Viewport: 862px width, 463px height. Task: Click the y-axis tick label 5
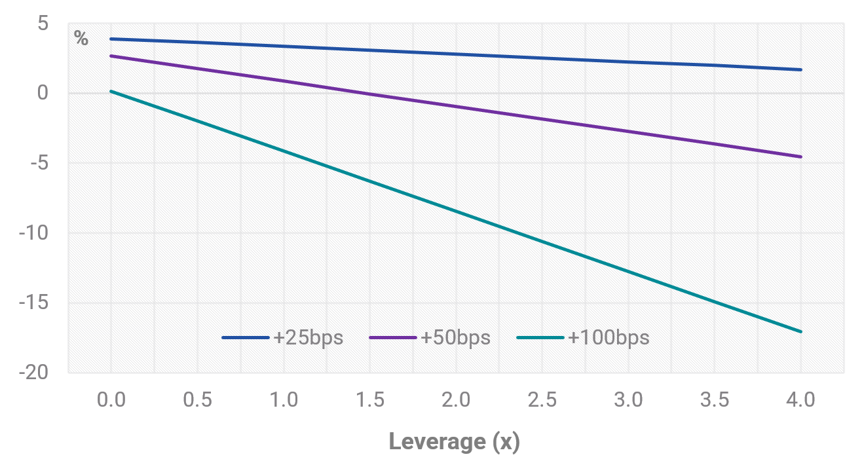point(43,23)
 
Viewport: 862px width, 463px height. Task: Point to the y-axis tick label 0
point(43,93)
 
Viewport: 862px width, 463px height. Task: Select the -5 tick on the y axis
point(40,163)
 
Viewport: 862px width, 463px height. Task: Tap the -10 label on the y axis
point(34,233)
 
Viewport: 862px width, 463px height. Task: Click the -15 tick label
point(34,303)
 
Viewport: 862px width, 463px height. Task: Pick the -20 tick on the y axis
point(34,373)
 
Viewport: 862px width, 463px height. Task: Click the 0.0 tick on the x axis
point(111,399)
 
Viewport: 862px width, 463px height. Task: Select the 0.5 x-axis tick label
point(197,399)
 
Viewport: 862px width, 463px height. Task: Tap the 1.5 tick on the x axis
point(370,399)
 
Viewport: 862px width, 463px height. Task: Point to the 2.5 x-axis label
point(542,399)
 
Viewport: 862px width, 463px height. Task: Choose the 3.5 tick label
point(715,399)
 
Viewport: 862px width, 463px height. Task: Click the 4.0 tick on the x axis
point(801,399)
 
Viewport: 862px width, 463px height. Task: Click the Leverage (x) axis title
point(455,442)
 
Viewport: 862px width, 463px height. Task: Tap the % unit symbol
point(81,38)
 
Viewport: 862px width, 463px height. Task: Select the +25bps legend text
point(309,337)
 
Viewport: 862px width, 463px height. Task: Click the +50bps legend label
point(456,337)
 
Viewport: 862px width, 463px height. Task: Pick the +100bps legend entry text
point(609,337)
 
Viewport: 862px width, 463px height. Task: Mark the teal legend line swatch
point(540,337)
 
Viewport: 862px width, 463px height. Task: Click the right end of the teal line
point(801,331)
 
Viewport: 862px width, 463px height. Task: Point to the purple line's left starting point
point(111,56)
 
